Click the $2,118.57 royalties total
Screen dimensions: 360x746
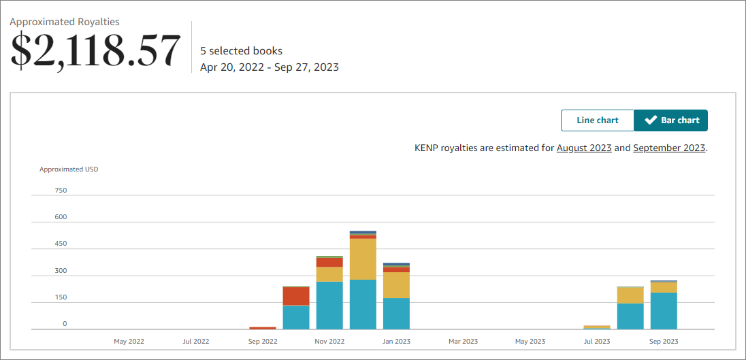click(95, 50)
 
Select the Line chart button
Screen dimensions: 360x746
click(597, 120)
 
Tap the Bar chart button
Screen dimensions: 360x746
click(671, 120)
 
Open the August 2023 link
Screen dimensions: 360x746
click(583, 148)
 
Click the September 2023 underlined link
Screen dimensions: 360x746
click(669, 148)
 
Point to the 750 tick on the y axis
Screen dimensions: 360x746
click(61, 191)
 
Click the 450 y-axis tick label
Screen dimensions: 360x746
click(61, 244)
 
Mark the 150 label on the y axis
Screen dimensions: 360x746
click(61, 297)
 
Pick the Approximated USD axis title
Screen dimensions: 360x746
click(69, 169)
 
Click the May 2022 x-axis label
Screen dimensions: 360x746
click(129, 341)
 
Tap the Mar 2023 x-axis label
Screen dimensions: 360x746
click(463, 341)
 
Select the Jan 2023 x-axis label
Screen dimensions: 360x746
click(396, 341)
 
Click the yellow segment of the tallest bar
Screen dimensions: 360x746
click(363, 259)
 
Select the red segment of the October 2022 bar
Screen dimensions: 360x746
click(296, 296)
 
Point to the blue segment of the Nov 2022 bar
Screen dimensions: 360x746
click(329, 305)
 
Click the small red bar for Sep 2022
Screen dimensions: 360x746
click(263, 328)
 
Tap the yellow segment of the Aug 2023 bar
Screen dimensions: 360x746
click(630, 295)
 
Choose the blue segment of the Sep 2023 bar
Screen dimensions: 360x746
click(664, 310)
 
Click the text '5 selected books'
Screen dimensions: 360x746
click(241, 51)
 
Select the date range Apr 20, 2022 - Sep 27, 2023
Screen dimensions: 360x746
click(269, 67)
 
